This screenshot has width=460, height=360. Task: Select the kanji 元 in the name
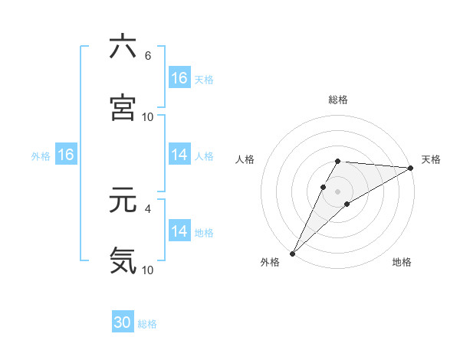tap(123, 201)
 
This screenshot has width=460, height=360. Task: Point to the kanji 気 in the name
tap(123, 260)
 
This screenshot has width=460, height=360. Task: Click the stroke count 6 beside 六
tap(148, 56)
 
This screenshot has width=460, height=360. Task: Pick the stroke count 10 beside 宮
tap(148, 117)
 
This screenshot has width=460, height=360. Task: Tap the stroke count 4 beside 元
tap(148, 208)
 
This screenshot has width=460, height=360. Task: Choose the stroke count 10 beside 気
tap(148, 270)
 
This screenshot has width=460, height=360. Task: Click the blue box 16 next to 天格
tap(179, 78)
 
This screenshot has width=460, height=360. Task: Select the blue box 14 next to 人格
tap(179, 155)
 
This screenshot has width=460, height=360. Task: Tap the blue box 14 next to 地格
tap(179, 231)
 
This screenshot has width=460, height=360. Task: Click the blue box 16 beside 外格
tap(66, 155)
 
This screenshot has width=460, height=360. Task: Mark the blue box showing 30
tap(123, 322)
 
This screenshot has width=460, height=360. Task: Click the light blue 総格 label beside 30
tap(147, 324)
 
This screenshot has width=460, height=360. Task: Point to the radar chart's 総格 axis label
tap(338, 100)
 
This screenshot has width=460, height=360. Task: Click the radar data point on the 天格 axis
tap(411, 168)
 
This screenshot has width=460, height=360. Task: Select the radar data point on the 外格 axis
tap(292, 253)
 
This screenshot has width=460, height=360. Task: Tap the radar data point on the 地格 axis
tap(347, 204)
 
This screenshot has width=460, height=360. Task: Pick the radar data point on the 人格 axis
tap(324, 187)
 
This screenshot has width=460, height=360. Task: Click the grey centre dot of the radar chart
tap(338, 191)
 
